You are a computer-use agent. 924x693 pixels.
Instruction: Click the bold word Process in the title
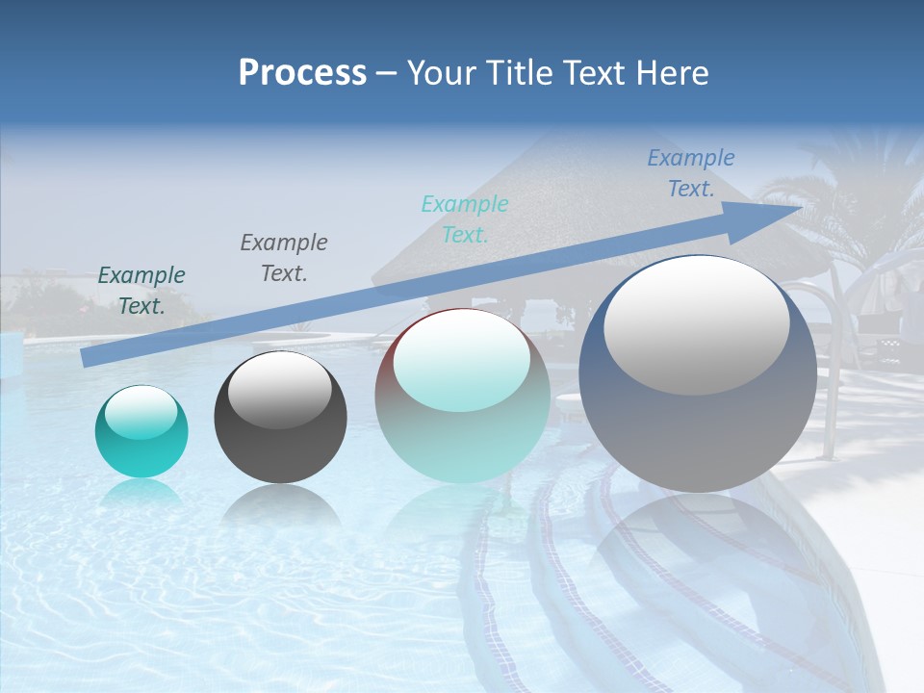302,73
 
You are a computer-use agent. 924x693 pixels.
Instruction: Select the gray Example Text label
284,258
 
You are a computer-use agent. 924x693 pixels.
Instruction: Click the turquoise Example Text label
465,219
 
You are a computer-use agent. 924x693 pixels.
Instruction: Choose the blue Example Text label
691,173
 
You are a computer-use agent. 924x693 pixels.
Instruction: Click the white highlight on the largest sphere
696,324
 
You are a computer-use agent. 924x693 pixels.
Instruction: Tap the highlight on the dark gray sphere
279,390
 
